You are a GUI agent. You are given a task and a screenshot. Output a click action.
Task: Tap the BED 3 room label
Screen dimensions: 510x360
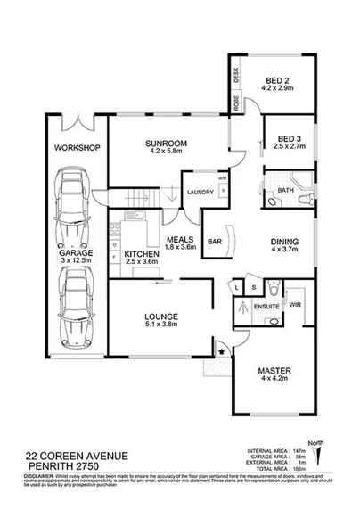pos(288,138)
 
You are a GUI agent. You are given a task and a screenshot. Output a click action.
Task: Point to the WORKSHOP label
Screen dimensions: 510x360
pos(76,147)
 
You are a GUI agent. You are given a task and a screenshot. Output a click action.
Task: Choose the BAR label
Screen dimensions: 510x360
pos(215,240)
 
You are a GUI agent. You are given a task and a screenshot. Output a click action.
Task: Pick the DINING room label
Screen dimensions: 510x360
pos(284,243)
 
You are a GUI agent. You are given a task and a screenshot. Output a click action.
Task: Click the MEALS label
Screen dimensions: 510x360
pos(182,238)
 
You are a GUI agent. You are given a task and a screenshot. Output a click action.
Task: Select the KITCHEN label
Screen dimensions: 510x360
pos(142,253)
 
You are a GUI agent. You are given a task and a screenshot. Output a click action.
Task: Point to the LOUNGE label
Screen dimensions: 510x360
pos(161,317)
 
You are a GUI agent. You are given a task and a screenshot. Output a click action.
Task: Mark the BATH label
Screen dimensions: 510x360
pos(285,190)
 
